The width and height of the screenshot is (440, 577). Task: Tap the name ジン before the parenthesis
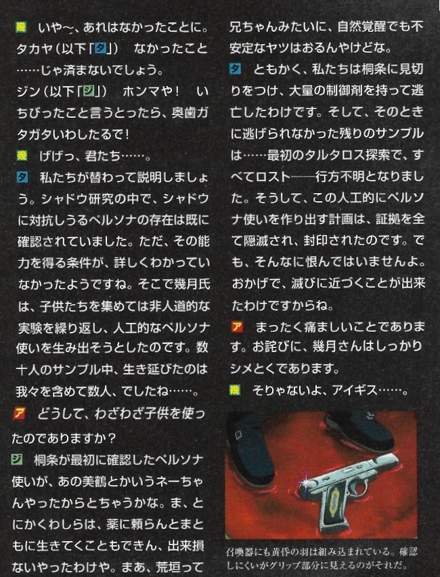[x=28, y=91]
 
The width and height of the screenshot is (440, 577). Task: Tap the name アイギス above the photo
[x=355, y=390]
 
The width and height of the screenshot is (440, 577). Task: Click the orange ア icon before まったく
[x=237, y=327]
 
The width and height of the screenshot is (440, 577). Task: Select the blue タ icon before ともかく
[x=236, y=69]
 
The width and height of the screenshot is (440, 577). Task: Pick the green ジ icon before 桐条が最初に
[x=16, y=459]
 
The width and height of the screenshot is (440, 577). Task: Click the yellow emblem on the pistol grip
[x=333, y=500]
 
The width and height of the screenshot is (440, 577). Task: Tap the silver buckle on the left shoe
[x=238, y=435]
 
